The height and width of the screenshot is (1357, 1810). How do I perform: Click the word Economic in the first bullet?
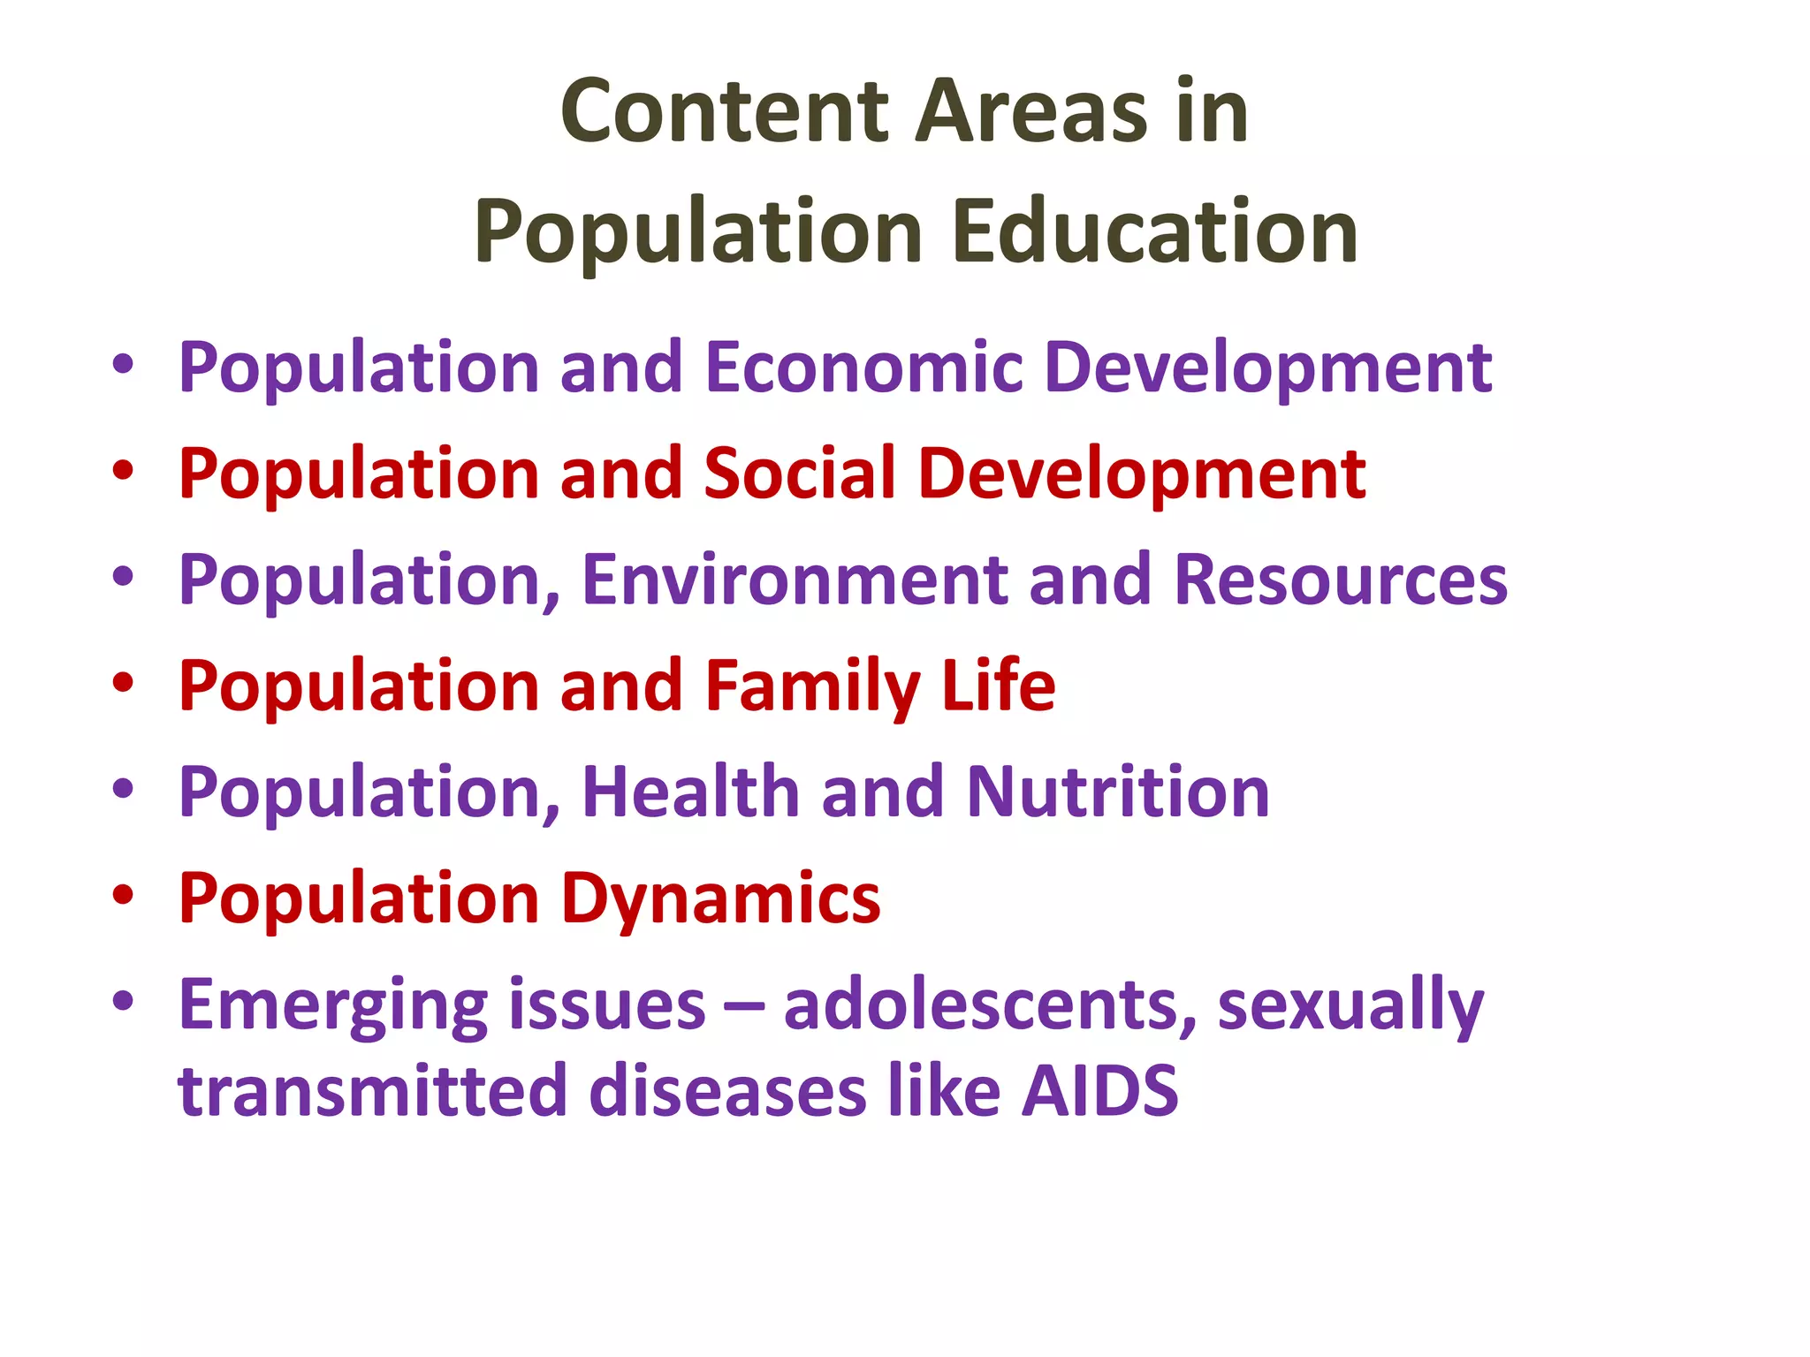point(864,368)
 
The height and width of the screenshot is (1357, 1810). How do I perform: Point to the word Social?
point(800,474)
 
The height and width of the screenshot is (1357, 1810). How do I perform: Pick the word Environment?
point(795,580)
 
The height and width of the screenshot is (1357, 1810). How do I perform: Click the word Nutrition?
point(1118,792)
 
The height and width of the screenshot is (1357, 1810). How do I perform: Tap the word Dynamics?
point(721,899)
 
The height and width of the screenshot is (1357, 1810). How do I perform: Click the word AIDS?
point(1099,1092)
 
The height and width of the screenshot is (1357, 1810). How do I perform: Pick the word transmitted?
point(371,1092)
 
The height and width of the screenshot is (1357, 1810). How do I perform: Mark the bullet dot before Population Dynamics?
point(123,894)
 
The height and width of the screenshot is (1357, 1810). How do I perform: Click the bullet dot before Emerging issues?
point(123,1000)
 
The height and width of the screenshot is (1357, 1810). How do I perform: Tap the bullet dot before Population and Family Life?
point(123,682)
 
